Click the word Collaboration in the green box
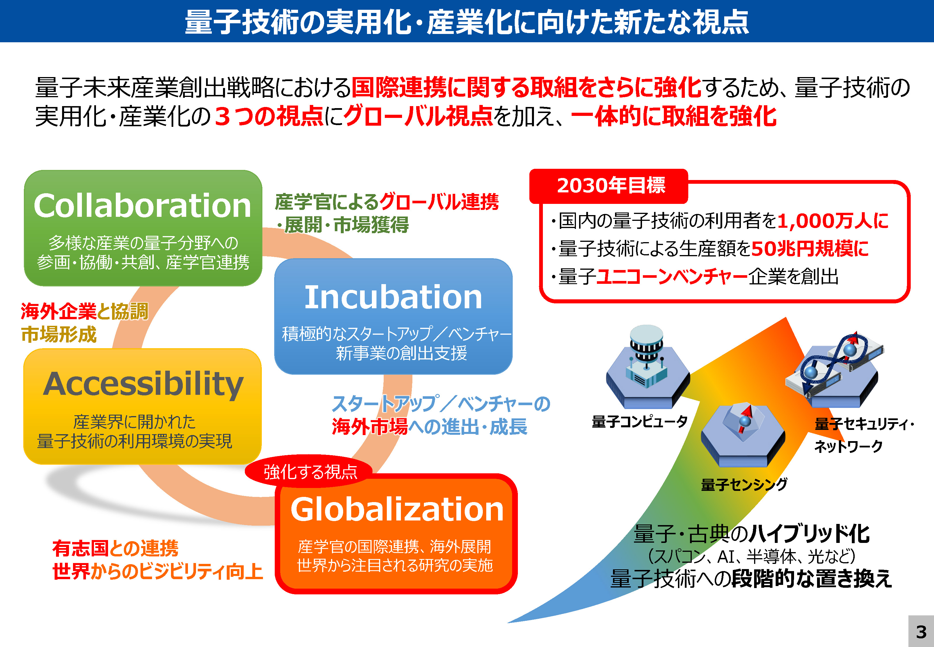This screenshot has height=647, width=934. (x=143, y=206)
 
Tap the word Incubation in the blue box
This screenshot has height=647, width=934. (x=393, y=297)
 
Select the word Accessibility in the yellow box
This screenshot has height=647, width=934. (x=143, y=384)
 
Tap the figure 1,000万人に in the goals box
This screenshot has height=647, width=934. (x=832, y=221)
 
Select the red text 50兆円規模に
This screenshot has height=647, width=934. (x=810, y=248)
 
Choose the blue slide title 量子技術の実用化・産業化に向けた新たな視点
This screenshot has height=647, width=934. (x=467, y=22)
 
